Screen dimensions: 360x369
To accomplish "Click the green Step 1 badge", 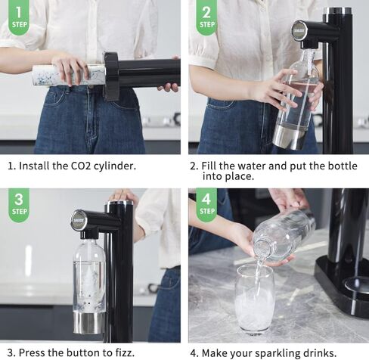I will [x=19, y=17].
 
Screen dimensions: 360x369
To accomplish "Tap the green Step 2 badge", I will [x=206, y=17].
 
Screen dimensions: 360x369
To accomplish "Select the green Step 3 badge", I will [x=19, y=205].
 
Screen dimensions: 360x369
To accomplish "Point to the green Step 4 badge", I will [x=206, y=205].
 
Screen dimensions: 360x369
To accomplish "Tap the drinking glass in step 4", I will [x=254, y=298].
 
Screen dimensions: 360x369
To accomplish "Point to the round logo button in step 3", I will [x=79, y=220].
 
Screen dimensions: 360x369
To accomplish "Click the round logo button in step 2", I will [x=300, y=32].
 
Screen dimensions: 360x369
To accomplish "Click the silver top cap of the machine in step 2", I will [x=337, y=11].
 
